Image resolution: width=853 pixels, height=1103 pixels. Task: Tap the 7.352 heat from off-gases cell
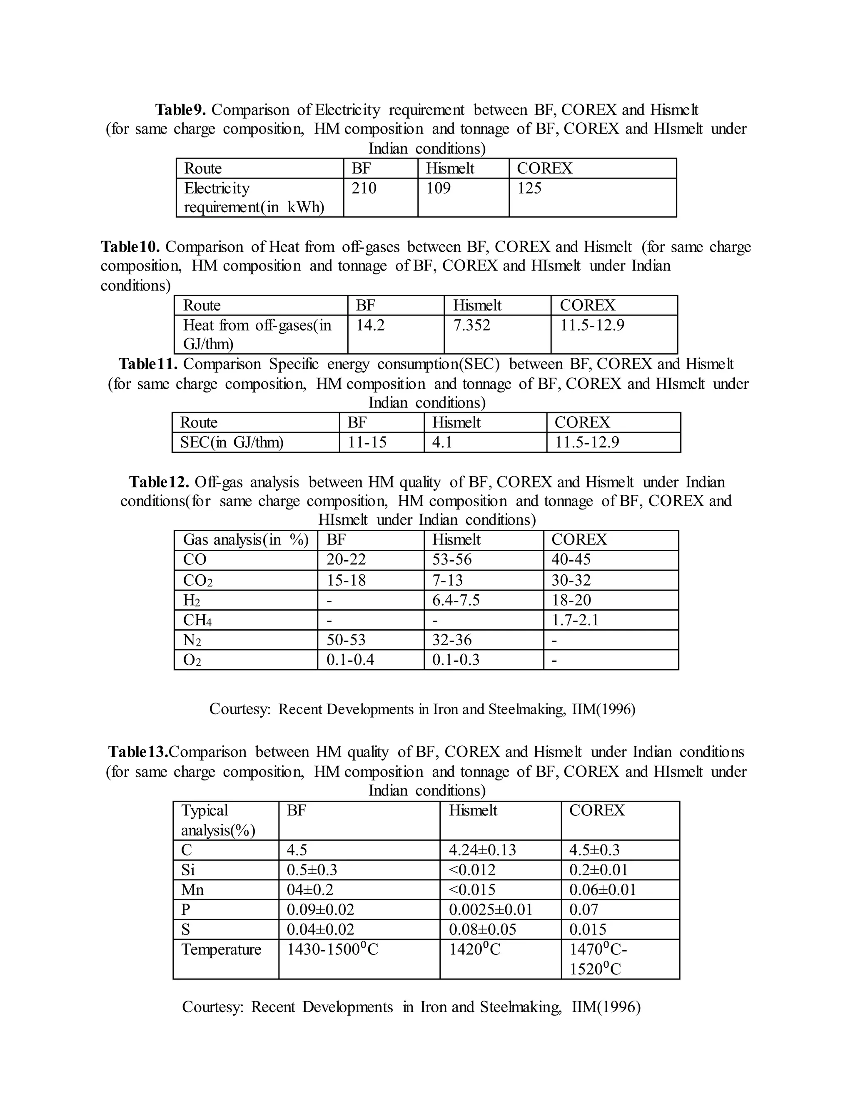pyautogui.click(x=471, y=325)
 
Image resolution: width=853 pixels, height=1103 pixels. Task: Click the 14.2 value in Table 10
pyautogui.click(x=370, y=325)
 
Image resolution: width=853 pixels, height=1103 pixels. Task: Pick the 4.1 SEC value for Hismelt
pyautogui.click(x=442, y=442)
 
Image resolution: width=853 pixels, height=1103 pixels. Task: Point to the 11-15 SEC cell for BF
pyautogui.click(x=367, y=442)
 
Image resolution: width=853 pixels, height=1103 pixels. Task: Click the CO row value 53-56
pyautogui.click(x=452, y=559)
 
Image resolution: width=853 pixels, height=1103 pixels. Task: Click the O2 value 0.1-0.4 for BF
pyautogui.click(x=350, y=660)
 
